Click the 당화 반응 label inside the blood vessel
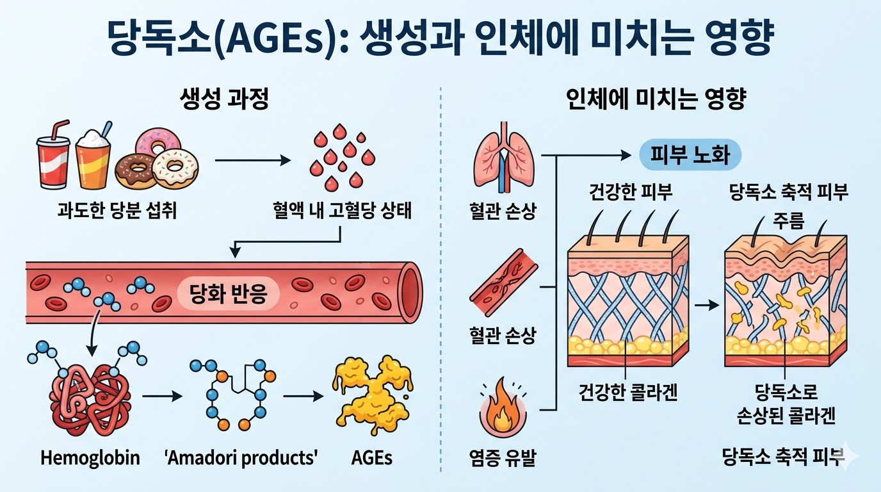(x=229, y=293)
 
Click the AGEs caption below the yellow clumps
(x=371, y=458)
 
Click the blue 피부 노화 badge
(x=690, y=156)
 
